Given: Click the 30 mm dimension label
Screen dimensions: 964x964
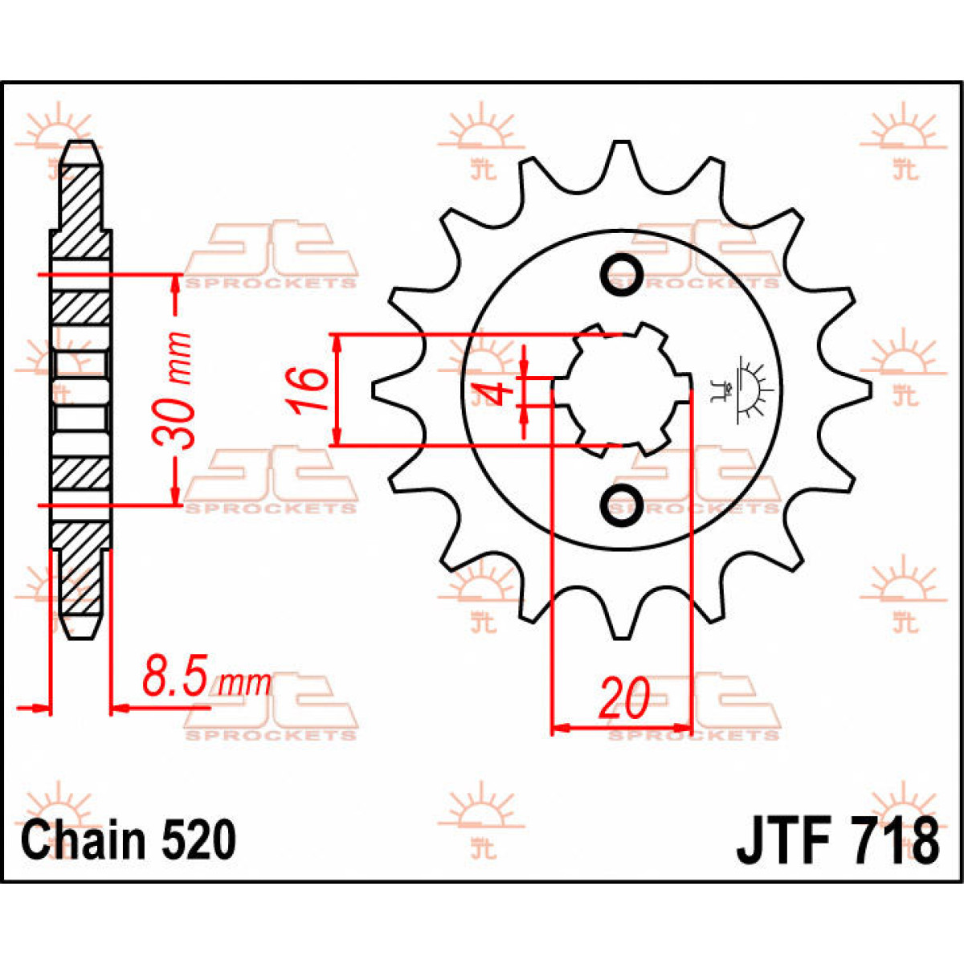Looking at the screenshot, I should click(174, 390).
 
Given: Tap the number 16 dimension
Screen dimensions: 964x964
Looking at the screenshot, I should click(310, 390).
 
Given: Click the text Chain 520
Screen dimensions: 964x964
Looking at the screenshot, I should click(129, 840).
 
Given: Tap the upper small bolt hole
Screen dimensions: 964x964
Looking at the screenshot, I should click(621, 274).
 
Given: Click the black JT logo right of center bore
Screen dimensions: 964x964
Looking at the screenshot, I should click(743, 390).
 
